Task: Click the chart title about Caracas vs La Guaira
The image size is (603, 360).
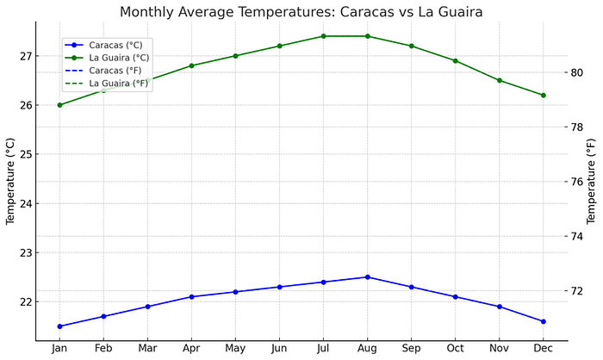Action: pos(301,12)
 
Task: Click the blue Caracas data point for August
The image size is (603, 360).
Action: pos(368,277)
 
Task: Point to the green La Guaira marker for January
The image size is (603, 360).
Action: pos(59,105)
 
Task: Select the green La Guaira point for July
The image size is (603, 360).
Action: pos(323,36)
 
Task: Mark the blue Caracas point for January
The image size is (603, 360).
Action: pos(59,326)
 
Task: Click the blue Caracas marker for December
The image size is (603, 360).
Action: pos(544,321)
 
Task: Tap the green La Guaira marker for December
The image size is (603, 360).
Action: pos(544,95)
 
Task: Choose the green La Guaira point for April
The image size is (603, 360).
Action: pos(191,65)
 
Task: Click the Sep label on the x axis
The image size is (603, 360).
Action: pos(411,349)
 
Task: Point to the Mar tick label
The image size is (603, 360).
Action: pos(147,349)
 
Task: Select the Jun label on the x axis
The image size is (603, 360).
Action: pos(279,349)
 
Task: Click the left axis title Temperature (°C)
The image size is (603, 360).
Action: pos(11,181)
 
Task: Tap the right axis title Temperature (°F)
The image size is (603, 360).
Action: pos(592,181)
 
